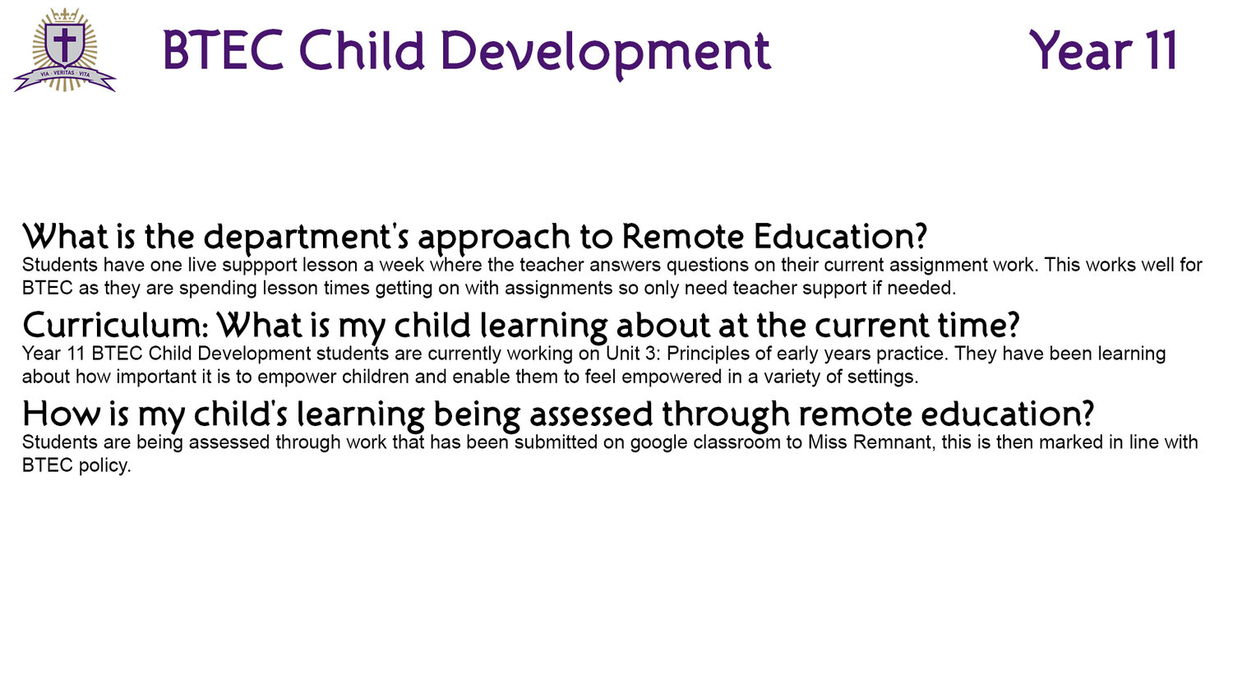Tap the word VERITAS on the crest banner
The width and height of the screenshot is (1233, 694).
point(64,73)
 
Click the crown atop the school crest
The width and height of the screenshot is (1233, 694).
point(65,15)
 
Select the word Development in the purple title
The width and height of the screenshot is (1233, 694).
point(606,52)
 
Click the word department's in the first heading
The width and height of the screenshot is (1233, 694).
point(306,238)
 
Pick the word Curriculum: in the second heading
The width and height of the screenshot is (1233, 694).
point(115,326)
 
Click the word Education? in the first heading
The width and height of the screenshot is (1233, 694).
point(840,236)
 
